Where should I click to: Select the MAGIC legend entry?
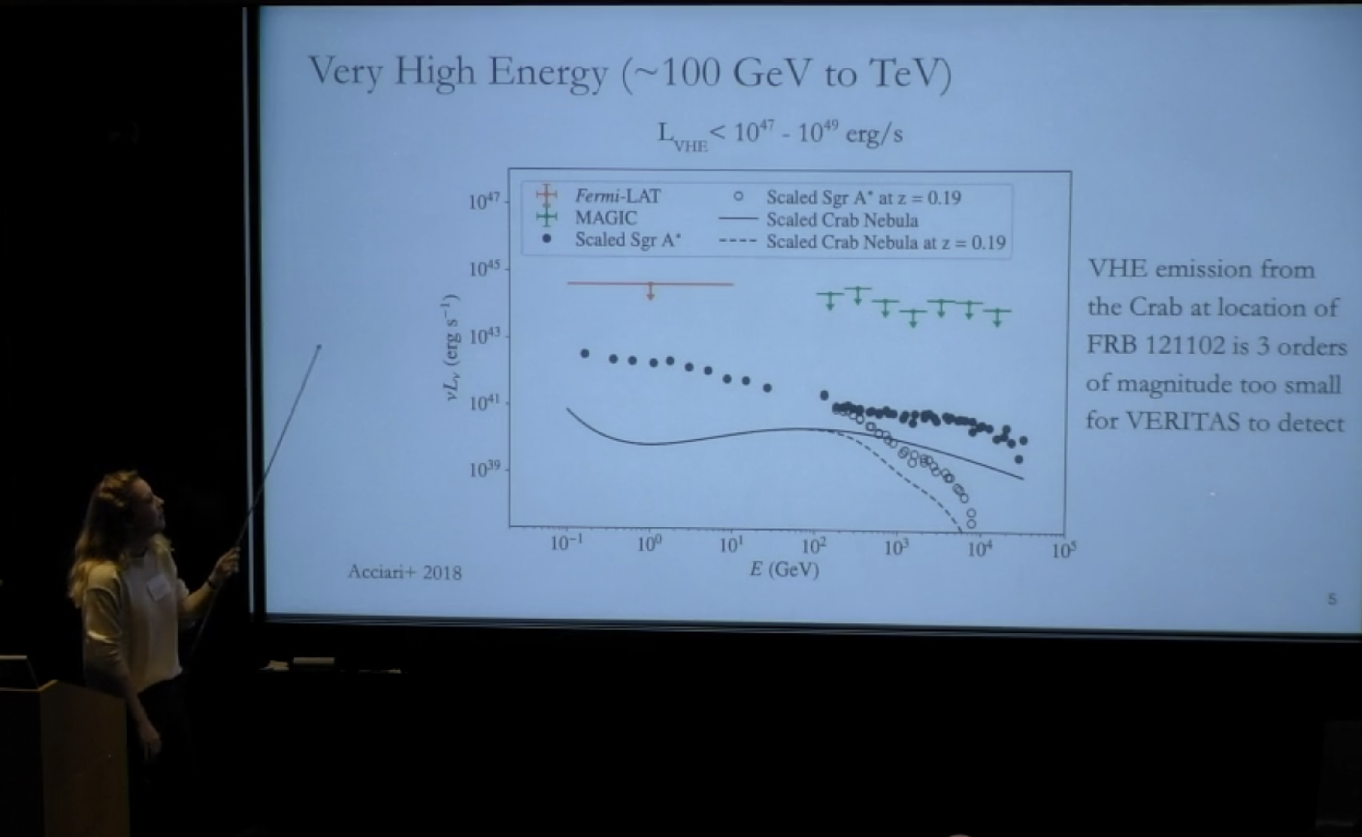(606, 218)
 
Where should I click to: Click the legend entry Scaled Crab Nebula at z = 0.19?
(885, 242)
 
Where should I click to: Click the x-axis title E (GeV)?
(784, 569)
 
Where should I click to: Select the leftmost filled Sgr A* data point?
(584, 353)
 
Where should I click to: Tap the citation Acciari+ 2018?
(404, 572)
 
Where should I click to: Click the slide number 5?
(1332, 599)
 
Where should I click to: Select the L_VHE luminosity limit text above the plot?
(780, 135)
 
